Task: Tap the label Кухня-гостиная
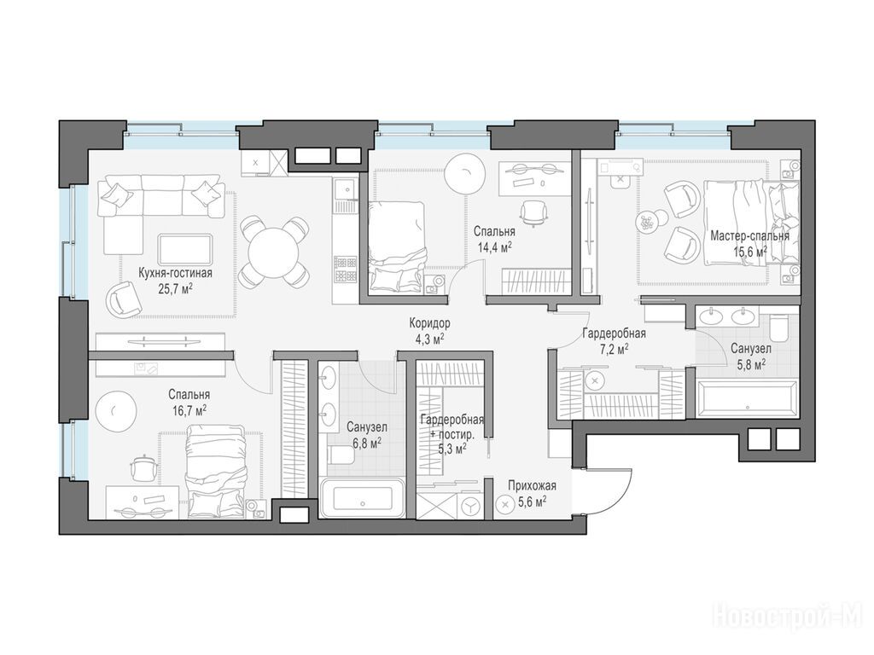click(x=176, y=274)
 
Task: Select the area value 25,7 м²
click(x=176, y=288)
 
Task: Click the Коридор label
click(x=430, y=323)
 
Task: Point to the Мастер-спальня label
click(x=749, y=236)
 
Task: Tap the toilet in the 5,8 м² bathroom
click(x=778, y=328)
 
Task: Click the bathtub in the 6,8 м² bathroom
click(x=363, y=499)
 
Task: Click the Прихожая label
click(x=532, y=485)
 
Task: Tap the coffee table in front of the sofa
click(x=185, y=249)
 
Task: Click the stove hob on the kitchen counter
click(x=345, y=270)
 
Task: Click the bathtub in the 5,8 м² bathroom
click(x=748, y=397)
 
